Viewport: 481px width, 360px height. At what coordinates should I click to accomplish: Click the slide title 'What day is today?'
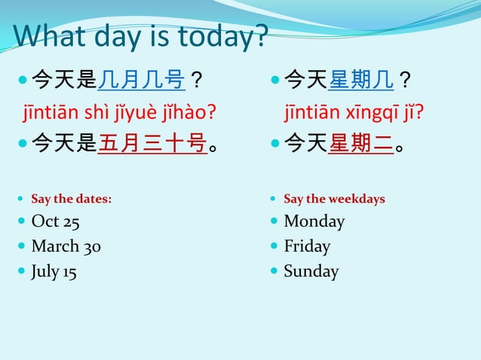[x=140, y=35]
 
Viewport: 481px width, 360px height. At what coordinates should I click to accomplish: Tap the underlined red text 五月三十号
[x=153, y=142]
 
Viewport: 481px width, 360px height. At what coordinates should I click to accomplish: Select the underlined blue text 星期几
[x=360, y=78]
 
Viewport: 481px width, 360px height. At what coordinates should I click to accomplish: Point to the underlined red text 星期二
[x=360, y=142]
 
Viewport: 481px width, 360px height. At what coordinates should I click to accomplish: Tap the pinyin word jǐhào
[x=186, y=113]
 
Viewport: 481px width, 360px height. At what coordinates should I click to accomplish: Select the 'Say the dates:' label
[x=71, y=199]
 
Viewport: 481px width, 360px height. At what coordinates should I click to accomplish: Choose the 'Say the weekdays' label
[x=334, y=199]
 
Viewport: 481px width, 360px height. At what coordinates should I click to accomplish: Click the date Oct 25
[x=56, y=221]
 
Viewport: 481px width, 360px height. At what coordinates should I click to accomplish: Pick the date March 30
[x=66, y=246]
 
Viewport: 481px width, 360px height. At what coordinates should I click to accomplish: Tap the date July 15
[x=54, y=271]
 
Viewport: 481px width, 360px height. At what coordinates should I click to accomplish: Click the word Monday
[x=314, y=221]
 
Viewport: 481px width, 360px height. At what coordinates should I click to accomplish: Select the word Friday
[x=307, y=246]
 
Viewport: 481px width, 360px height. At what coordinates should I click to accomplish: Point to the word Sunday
[x=311, y=271]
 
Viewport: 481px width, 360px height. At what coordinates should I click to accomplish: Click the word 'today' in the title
[x=219, y=35]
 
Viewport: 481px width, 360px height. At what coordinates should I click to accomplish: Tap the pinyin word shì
[x=91, y=113]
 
